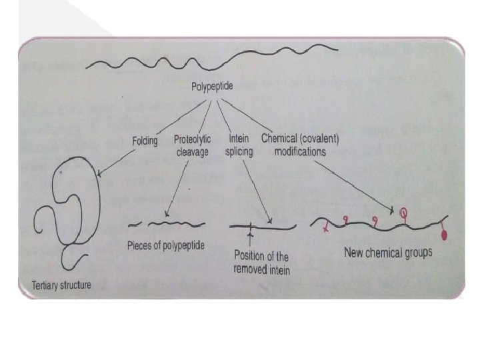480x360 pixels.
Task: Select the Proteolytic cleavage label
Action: (192, 145)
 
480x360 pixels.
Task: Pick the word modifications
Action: (300, 151)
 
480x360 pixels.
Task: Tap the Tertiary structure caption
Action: (60, 285)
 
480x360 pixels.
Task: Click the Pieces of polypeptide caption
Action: (165, 245)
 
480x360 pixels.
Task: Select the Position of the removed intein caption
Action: (263, 262)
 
